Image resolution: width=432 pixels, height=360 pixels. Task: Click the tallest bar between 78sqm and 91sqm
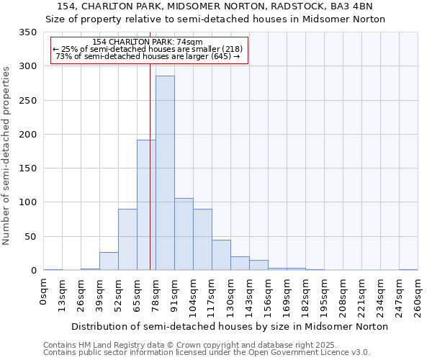pos(165,173)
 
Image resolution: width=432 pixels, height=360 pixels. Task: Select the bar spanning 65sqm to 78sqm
pos(146,205)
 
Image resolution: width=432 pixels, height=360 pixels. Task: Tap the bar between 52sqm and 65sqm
pos(127,240)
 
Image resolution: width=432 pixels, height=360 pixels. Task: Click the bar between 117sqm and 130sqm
pos(221,255)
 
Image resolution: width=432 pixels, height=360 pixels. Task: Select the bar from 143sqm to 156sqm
pos(258,265)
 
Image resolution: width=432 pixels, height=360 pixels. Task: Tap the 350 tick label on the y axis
pos(28,33)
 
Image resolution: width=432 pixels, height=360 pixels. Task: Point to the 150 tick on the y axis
pos(28,168)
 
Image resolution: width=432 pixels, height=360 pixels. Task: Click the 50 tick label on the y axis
pos(31,237)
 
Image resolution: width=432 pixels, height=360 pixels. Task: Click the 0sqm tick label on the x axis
pos(44,292)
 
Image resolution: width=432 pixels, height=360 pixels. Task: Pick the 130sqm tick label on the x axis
pos(231,296)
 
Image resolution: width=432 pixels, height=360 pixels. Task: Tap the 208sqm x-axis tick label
pos(343,296)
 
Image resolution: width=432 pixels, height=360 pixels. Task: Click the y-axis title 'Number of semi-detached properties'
pos(7,156)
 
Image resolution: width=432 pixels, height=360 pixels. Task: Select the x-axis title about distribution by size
pos(230,326)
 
